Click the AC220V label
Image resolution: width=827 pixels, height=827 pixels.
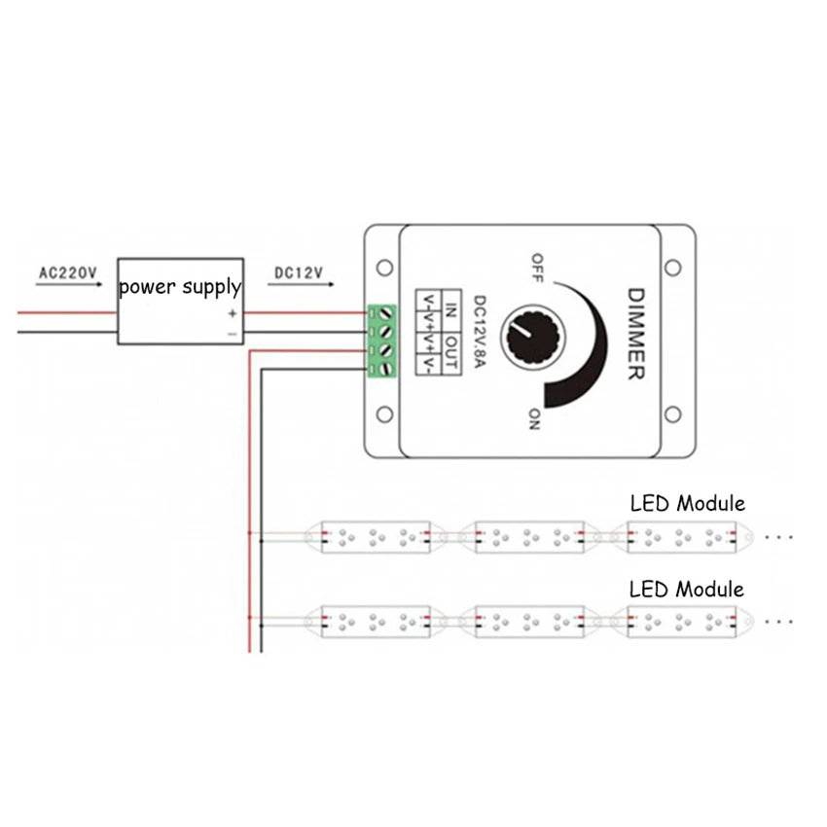coord(67,273)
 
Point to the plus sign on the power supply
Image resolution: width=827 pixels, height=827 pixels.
coord(232,313)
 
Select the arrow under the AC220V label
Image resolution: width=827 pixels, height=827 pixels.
coord(66,287)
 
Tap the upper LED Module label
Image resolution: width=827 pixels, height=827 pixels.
coord(687,503)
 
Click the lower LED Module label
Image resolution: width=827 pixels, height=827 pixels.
coord(687,589)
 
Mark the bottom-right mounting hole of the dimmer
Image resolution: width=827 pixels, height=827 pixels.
coord(670,415)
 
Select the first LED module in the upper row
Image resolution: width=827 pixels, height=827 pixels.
coord(375,535)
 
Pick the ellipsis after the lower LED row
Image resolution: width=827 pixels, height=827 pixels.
coord(780,620)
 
